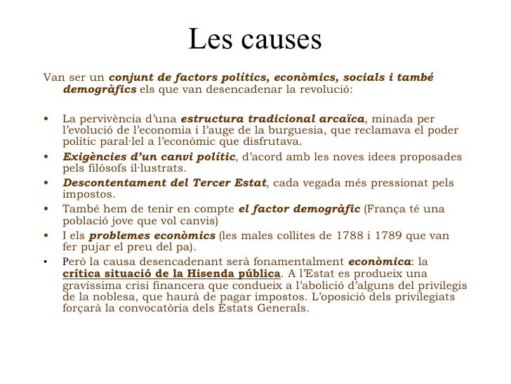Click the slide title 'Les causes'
click(255, 41)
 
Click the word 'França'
click(385, 209)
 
